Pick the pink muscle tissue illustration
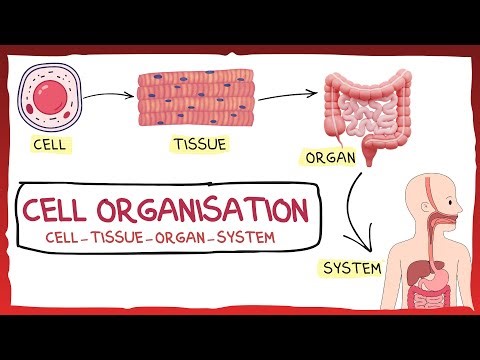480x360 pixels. click(194, 97)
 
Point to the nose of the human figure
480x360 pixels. click(461, 197)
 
